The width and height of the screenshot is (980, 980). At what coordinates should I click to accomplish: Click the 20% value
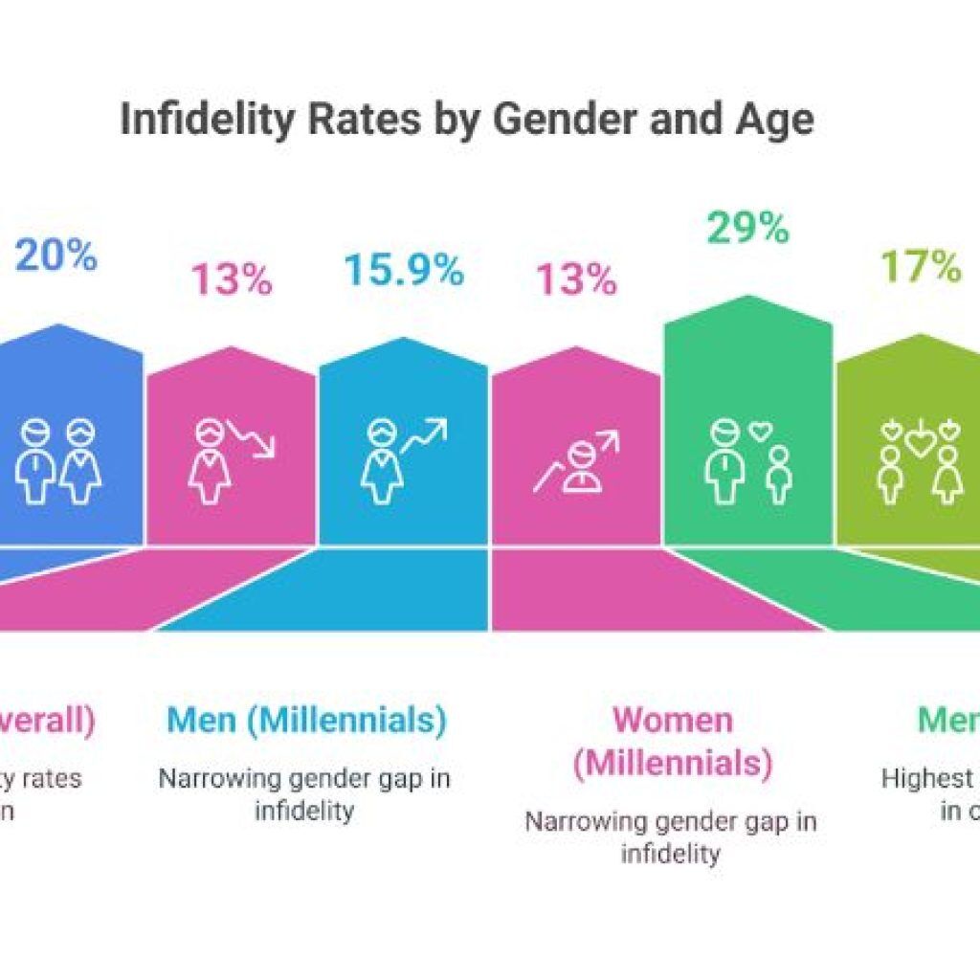point(56,256)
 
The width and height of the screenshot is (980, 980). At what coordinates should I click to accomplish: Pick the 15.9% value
point(403,271)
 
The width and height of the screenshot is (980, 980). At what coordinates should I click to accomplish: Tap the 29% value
point(748,229)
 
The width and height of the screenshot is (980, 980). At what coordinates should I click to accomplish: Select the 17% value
point(921,267)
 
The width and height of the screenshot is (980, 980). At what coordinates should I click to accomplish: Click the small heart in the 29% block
point(760,432)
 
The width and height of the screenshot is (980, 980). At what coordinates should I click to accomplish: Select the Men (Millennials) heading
point(306,721)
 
